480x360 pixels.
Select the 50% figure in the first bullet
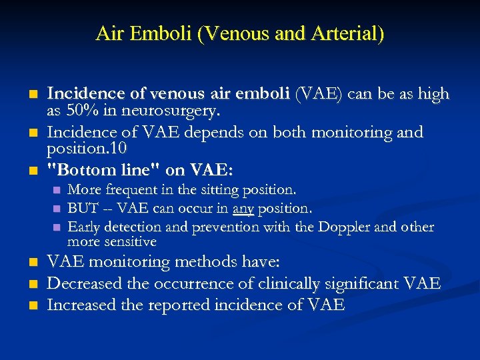click(x=79, y=109)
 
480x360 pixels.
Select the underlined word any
click(x=243, y=209)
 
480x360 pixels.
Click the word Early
click(x=84, y=227)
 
